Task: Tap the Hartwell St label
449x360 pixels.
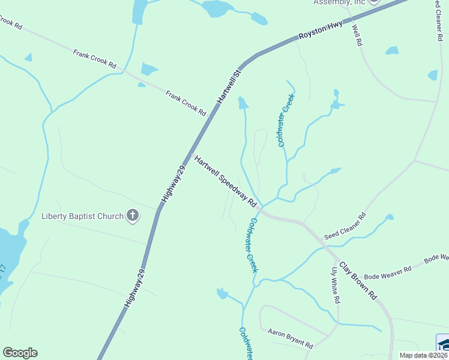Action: pyautogui.click(x=229, y=87)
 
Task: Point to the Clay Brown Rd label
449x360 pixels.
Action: pyautogui.click(x=358, y=280)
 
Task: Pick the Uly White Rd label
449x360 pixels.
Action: pyautogui.click(x=336, y=285)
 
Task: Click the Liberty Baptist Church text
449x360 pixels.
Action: pyautogui.click(x=82, y=216)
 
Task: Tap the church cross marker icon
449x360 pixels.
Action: pyautogui.click(x=133, y=215)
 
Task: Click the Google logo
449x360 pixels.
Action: pyautogui.click(x=20, y=353)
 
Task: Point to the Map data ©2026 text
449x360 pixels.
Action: pyautogui.click(x=424, y=355)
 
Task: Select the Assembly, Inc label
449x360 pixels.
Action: pyautogui.click(x=339, y=2)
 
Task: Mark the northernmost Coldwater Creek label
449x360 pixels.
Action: pyautogui.click(x=285, y=121)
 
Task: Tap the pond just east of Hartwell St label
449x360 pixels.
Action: pyautogui.click(x=243, y=103)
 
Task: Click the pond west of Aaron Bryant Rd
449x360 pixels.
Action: pyautogui.click(x=222, y=293)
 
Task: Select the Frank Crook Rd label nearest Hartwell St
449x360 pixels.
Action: pyautogui.click(x=185, y=103)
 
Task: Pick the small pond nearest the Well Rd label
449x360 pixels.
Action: pyautogui.click(x=391, y=50)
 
